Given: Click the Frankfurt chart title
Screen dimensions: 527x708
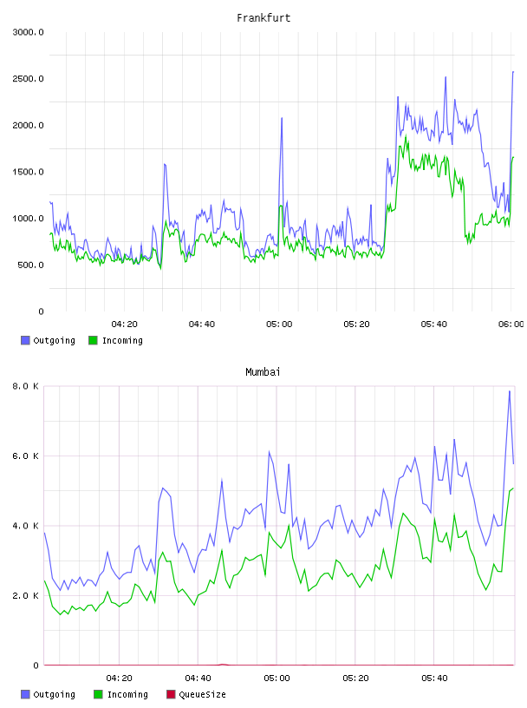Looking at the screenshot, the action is pyautogui.click(x=263, y=18).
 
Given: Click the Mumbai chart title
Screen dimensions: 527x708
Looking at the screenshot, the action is pyautogui.click(x=263, y=372).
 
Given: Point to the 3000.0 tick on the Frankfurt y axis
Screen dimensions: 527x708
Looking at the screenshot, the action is pyautogui.click(x=28, y=32).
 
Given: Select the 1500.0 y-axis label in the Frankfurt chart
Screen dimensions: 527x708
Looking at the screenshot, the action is pyautogui.click(x=28, y=172).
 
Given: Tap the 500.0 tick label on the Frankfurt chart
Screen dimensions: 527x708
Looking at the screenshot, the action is pyautogui.click(x=30, y=265).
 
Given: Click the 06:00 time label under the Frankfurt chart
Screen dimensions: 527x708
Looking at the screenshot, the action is pyautogui.click(x=511, y=324).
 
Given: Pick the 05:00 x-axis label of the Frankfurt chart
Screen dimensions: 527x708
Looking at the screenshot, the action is pyautogui.click(x=279, y=324).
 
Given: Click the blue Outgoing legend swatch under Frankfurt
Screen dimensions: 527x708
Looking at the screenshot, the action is pyautogui.click(x=25, y=340).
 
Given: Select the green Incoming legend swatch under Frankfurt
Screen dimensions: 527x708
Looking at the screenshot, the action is pyautogui.click(x=93, y=340).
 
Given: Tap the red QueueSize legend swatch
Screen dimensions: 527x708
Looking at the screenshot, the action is pyautogui.click(x=171, y=694).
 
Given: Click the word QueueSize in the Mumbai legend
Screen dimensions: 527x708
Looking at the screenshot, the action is pyautogui.click(x=203, y=694).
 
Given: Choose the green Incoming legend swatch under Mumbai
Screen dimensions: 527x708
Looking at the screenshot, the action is pyautogui.click(x=98, y=694).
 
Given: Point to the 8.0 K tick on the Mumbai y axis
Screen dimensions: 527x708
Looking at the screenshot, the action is pyautogui.click(x=26, y=386).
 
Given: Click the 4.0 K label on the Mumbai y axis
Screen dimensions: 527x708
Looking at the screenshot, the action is pyautogui.click(x=26, y=526).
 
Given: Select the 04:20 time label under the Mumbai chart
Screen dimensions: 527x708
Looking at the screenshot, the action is pyautogui.click(x=119, y=678).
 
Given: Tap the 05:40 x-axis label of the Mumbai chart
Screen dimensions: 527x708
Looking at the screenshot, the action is pyautogui.click(x=434, y=678).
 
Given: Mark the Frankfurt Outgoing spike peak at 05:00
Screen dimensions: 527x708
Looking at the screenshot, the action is pyautogui.click(x=282, y=118).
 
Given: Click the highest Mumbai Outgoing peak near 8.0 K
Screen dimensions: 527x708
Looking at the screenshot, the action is pyautogui.click(x=510, y=391).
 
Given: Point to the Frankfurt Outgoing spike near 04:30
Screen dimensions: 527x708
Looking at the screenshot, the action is pyautogui.click(x=165, y=164).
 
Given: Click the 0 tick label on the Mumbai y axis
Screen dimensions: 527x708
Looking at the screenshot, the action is pyautogui.click(x=36, y=665).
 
